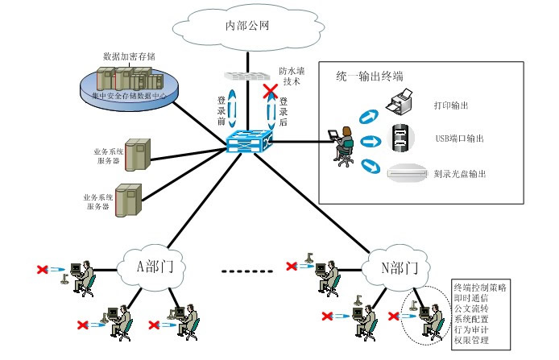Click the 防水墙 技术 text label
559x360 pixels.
pyautogui.click(x=291, y=77)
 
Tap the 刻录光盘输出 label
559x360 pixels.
pyautogui.click(x=460, y=173)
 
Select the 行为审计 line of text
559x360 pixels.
pyautogui.click(x=472, y=330)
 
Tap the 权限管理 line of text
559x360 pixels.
pyautogui.click(x=472, y=341)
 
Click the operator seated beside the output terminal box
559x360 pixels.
pyautogui.click(x=342, y=145)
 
